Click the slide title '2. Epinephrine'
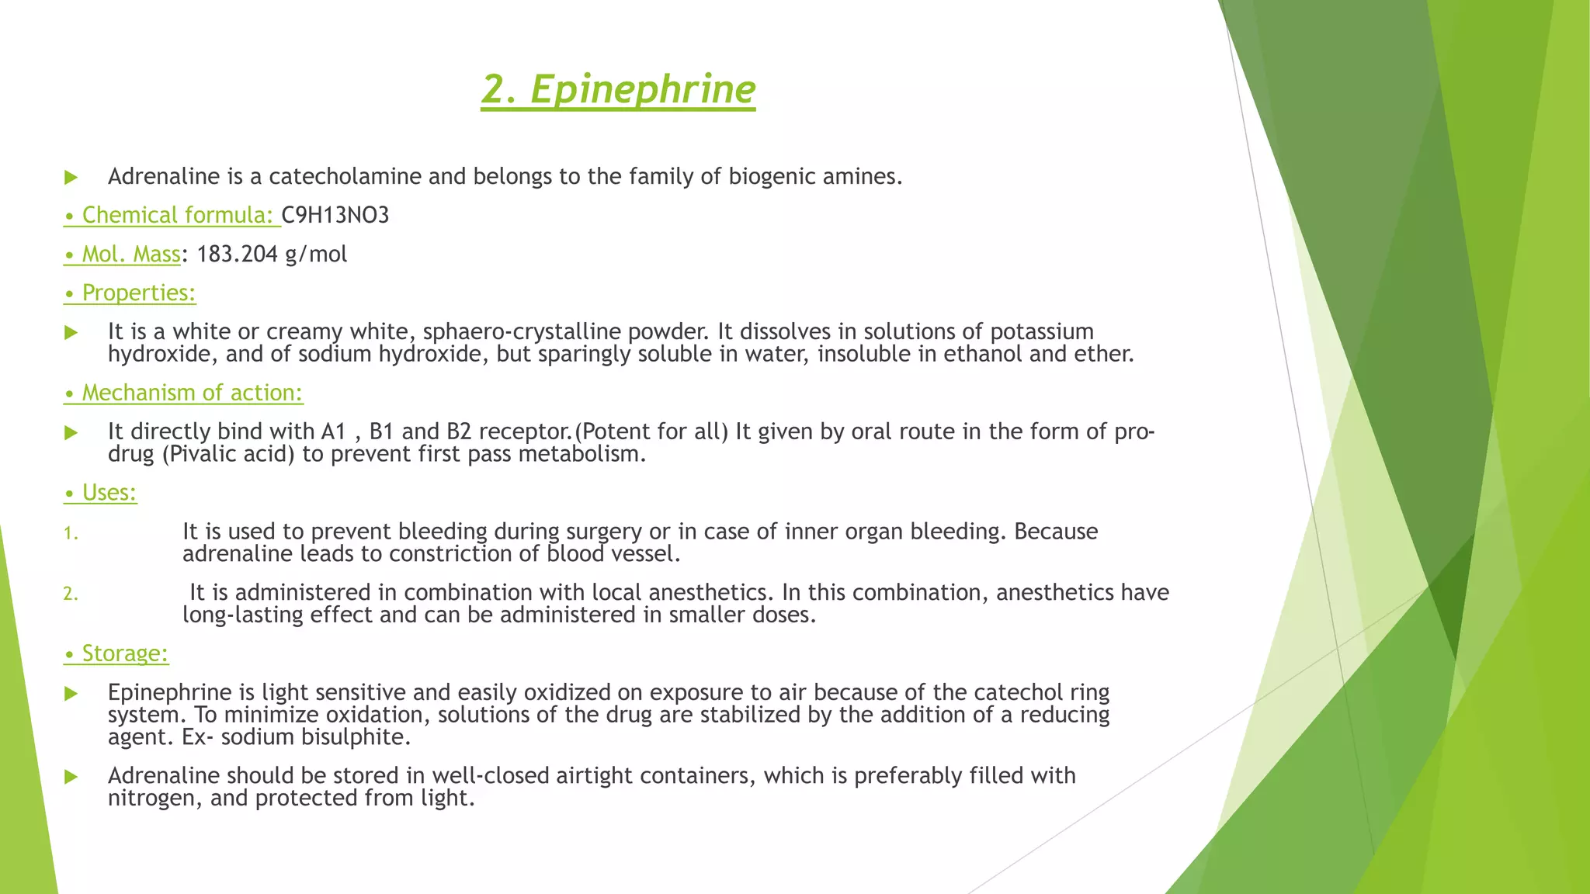[x=618, y=89]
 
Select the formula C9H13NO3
[x=335, y=215]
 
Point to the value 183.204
[x=237, y=254]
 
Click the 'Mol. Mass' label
[x=130, y=254]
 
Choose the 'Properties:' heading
[x=138, y=293]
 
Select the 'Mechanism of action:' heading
[x=192, y=393]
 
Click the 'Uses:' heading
[x=109, y=493]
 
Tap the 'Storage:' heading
[x=124, y=653]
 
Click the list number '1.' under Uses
[x=71, y=533]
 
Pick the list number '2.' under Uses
[x=71, y=594]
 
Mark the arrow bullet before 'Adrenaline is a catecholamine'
[x=71, y=178]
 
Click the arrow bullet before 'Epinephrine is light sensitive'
[x=71, y=693]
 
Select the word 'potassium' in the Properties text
[x=1042, y=331]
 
